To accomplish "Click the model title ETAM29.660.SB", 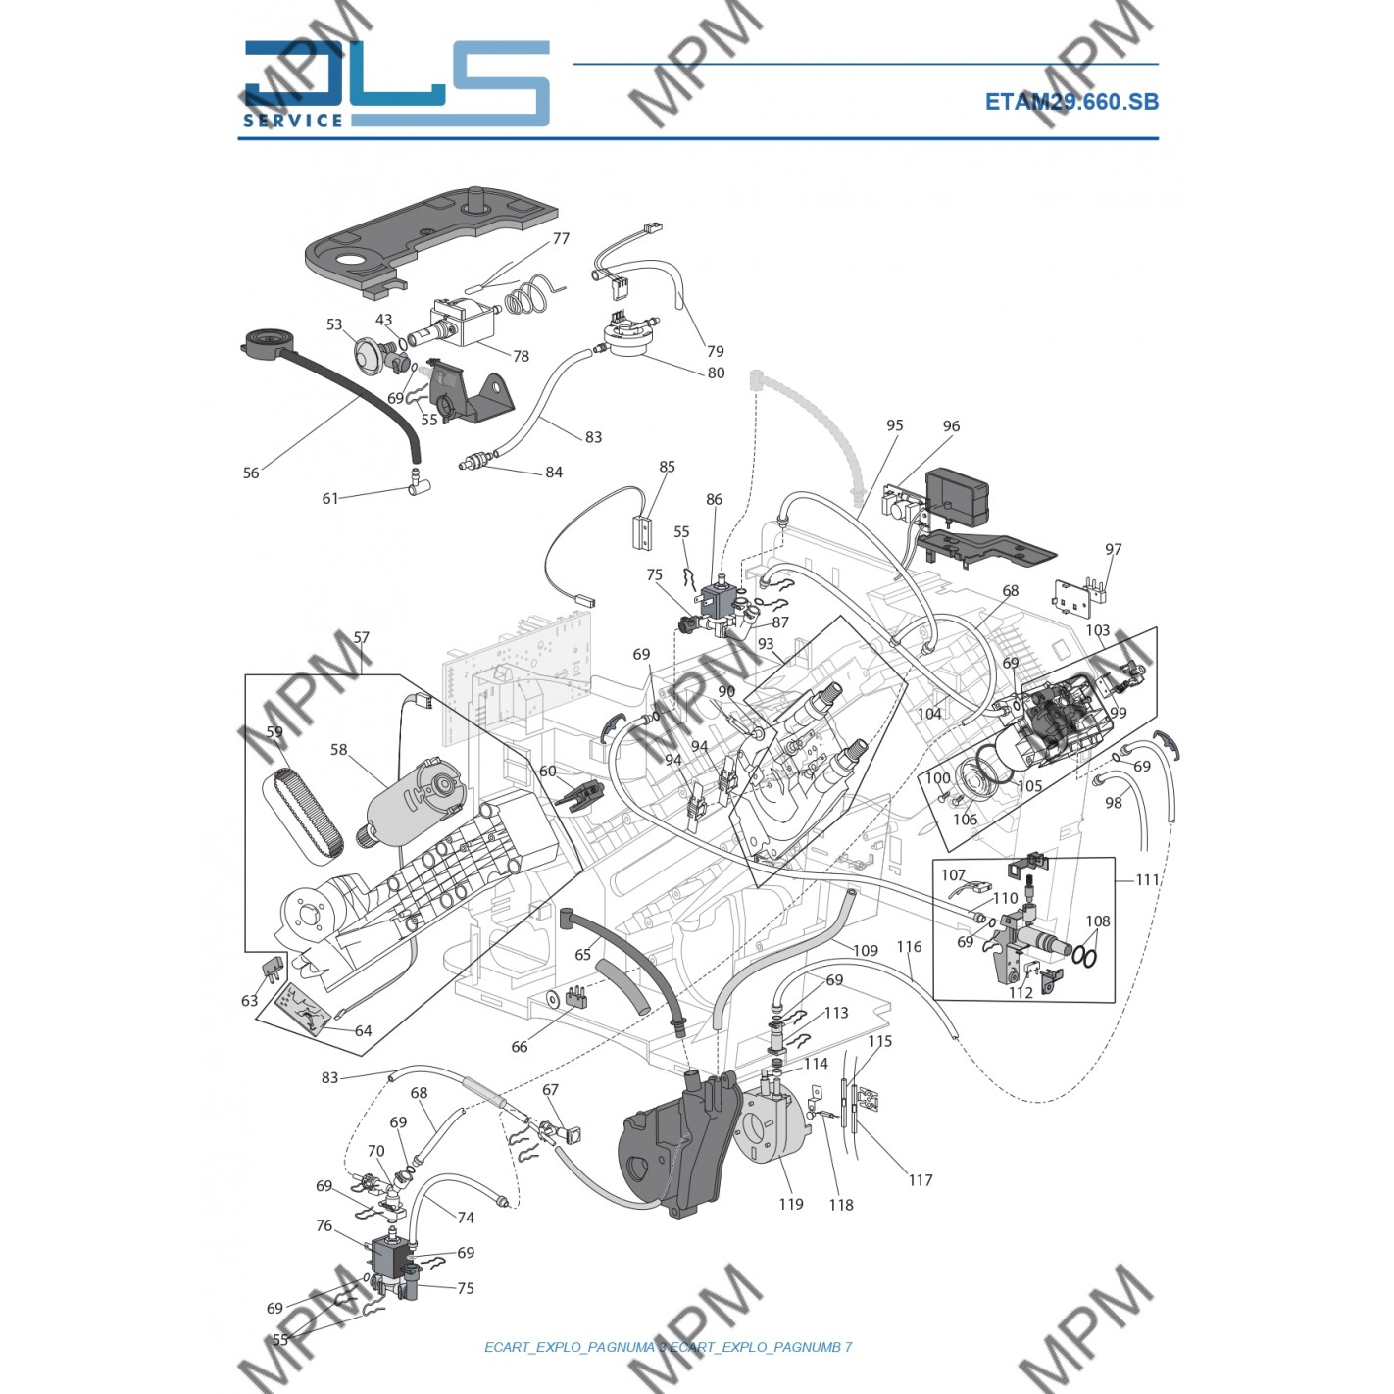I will [1070, 102].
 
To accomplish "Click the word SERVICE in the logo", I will [293, 121].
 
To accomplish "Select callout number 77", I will [561, 238].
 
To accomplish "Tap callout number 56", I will [251, 473].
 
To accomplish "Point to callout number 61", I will [330, 498].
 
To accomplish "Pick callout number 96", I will [951, 426].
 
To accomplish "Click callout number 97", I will [1113, 549].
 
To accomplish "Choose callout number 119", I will [791, 1204].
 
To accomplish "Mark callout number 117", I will [920, 1180].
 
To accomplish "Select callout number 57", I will [361, 637].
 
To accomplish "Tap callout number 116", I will [909, 947].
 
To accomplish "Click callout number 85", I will [667, 467].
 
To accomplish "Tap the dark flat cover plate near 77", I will [431, 240].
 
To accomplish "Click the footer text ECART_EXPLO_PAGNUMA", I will [569, 1347].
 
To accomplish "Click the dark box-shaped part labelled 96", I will [958, 492].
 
